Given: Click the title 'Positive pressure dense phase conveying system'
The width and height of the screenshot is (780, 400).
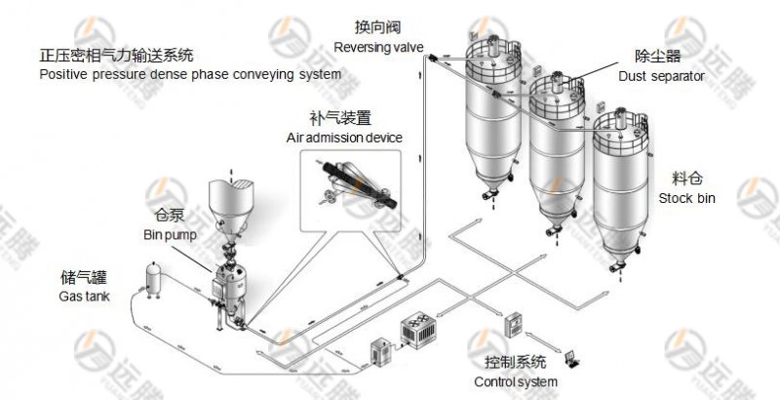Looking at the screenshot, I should pos(190,74).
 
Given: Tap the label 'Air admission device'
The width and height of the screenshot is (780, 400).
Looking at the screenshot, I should pos(343,138).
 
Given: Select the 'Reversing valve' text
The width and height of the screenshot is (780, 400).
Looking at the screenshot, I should pos(377,46).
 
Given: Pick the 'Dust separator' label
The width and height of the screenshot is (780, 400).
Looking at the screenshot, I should pos(659,76).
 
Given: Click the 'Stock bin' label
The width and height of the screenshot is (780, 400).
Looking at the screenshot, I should pos(686,198).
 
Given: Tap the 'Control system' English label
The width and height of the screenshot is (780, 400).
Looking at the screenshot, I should pos(515,381).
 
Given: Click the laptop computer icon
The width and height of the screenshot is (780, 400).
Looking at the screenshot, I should pos(571,358).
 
